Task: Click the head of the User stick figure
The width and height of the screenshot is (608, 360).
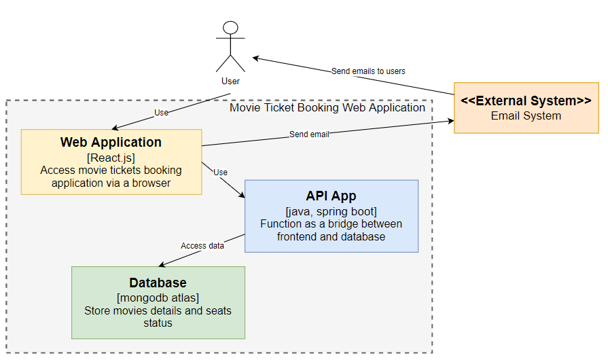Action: click(x=230, y=28)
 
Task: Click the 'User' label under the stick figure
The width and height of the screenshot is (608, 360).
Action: click(x=230, y=82)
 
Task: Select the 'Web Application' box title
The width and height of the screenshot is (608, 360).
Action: click(x=111, y=143)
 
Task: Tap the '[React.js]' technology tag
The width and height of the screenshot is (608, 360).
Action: click(x=111, y=158)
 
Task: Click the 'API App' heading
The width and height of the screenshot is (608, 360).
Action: click(x=331, y=196)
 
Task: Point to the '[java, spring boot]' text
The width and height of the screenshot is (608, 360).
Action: click(x=331, y=211)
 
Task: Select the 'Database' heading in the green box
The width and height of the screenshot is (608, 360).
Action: click(x=158, y=283)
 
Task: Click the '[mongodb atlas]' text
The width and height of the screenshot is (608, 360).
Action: click(x=158, y=298)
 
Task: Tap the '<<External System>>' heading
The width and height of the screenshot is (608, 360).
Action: click(x=526, y=101)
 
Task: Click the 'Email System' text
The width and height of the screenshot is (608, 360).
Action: click(x=526, y=115)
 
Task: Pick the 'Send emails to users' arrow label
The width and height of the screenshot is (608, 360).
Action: click(x=368, y=71)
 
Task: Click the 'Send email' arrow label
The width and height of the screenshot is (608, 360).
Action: click(x=309, y=134)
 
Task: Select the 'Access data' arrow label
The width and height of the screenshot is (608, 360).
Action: click(x=202, y=246)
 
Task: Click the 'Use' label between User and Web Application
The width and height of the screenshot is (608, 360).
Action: click(x=161, y=113)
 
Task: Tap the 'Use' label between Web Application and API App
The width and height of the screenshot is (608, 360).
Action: click(x=220, y=173)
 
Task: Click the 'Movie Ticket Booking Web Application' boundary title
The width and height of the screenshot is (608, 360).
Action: click(x=327, y=107)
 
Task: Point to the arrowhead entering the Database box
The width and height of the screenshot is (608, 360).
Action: click(x=160, y=265)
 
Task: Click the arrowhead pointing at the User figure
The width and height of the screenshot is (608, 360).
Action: click(x=255, y=58)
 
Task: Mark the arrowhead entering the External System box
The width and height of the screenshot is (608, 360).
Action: click(x=450, y=122)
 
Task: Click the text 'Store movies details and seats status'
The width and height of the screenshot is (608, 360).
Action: click(x=158, y=317)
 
